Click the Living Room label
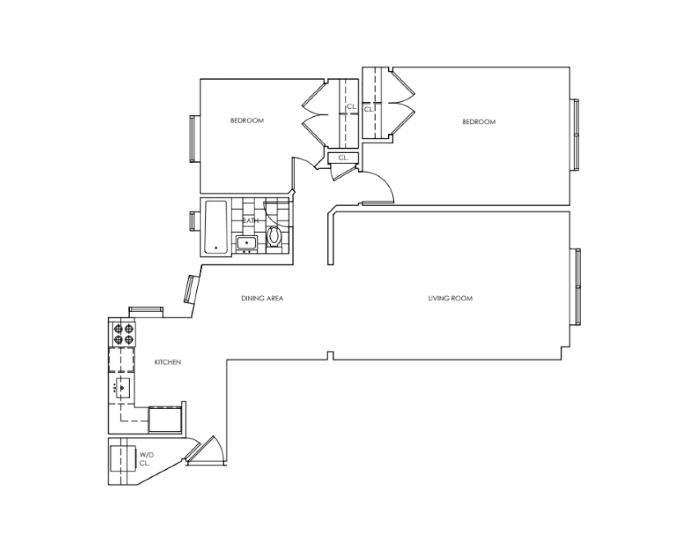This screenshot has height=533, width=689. click(450, 298)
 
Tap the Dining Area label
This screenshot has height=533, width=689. click(262, 298)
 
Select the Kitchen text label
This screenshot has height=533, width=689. click(167, 362)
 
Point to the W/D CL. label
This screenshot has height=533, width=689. click(146, 459)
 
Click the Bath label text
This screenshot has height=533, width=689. click(251, 220)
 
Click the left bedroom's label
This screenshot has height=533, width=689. click(247, 120)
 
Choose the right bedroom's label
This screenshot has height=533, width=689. click(479, 122)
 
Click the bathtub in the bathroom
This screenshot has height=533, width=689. click(216, 227)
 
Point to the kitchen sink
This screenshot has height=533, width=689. click(122, 388)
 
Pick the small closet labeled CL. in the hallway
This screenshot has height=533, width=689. click(343, 158)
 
